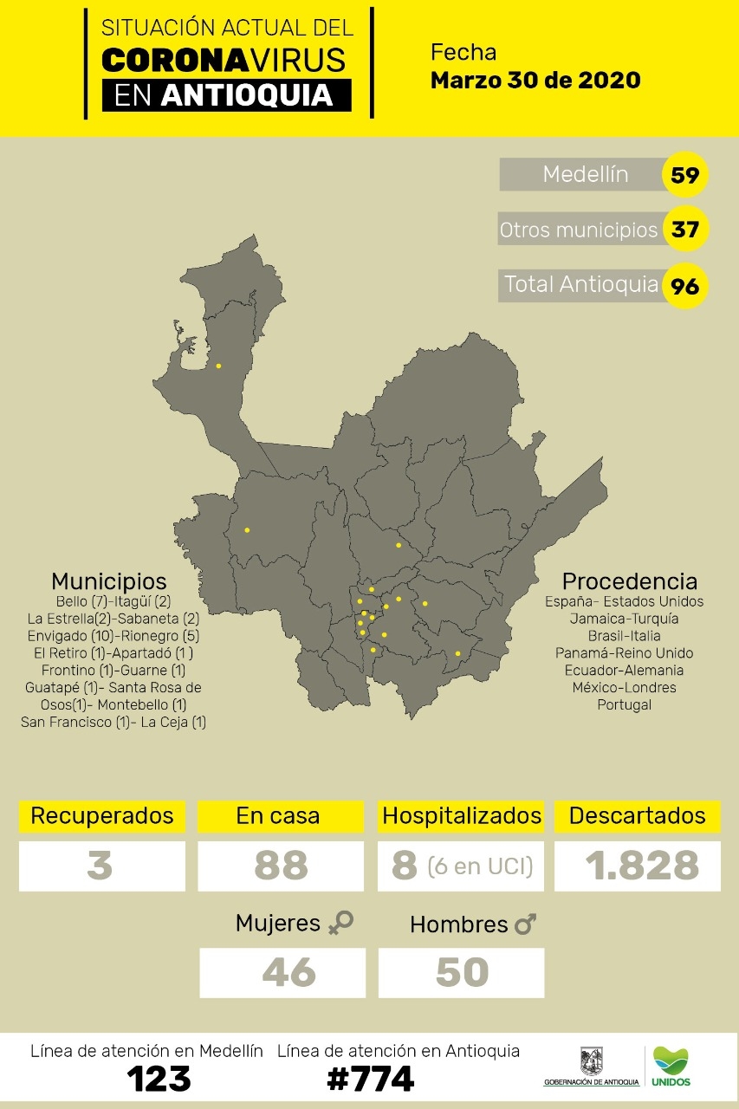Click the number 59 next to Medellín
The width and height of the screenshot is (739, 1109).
click(x=684, y=176)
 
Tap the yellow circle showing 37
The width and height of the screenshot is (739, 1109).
click(x=684, y=230)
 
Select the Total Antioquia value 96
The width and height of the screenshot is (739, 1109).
click(x=684, y=285)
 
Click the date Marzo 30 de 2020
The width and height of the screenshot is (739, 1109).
click(x=535, y=81)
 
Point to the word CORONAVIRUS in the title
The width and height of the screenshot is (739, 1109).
click(x=224, y=59)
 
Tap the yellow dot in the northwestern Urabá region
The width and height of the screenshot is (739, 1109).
click(x=218, y=366)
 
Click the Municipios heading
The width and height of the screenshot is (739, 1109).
click(x=109, y=580)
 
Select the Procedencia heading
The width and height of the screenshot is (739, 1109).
click(x=629, y=580)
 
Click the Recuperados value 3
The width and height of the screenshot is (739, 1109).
click(x=100, y=866)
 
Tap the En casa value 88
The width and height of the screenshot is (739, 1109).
click(x=281, y=866)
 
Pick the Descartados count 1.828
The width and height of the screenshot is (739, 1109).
click(x=642, y=866)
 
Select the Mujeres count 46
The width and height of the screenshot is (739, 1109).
click(x=288, y=972)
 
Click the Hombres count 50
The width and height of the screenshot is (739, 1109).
click(x=462, y=972)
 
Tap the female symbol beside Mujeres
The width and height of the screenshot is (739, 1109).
click(x=340, y=924)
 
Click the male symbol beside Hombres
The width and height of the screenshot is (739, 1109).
click(x=525, y=924)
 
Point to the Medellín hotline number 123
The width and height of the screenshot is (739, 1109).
click(x=159, y=1079)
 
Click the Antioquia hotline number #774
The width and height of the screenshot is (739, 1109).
click(x=370, y=1079)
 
